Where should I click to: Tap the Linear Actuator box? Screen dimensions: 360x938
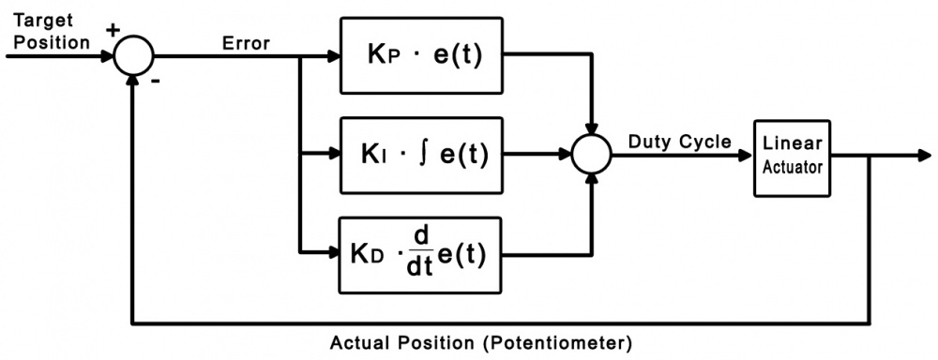pos(792,157)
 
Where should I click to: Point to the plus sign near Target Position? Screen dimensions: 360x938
pos(113,30)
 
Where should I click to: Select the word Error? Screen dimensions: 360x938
pos(246,43)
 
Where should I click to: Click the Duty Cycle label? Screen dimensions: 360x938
pos(680,142)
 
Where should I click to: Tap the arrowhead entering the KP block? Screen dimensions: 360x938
pos(335,56)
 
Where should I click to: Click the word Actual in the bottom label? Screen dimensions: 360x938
pos(356,341)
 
